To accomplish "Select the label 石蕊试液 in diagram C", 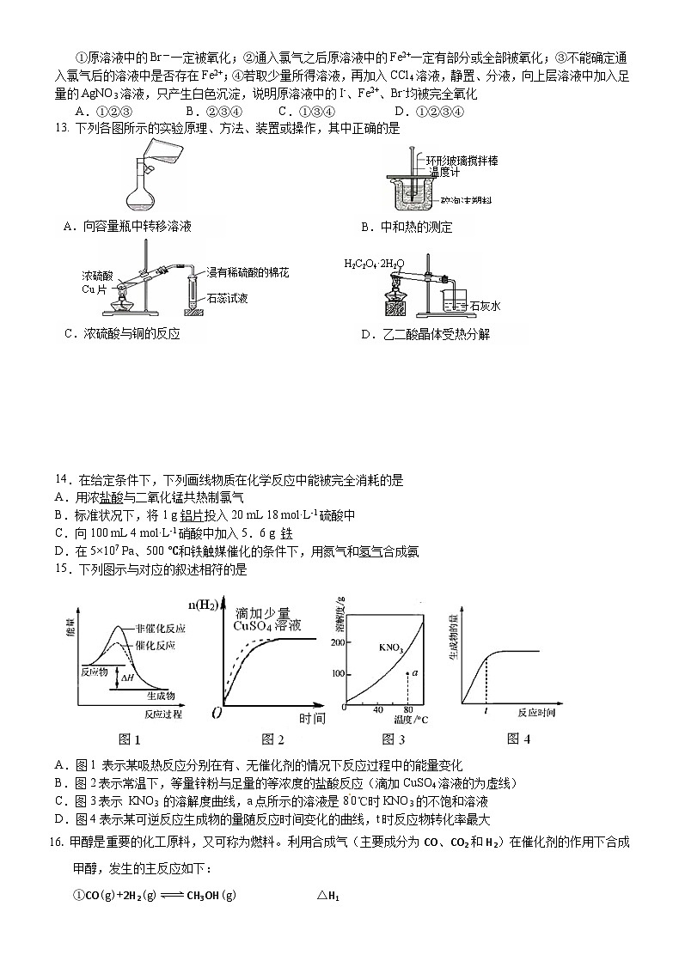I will coord(227,298).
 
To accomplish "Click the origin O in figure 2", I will coord(217,714).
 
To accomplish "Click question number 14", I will coord(61,480).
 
